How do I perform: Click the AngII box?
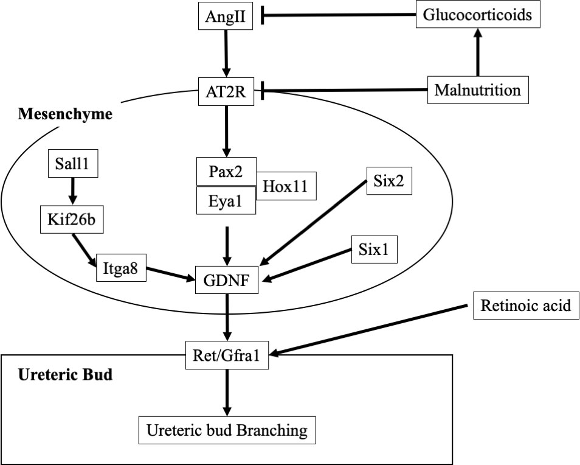point(226,16)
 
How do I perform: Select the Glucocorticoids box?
point(478,15)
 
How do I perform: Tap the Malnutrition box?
point(478,90)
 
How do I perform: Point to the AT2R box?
point(226,91)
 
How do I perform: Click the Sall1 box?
point(73,163)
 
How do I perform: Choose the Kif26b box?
point(71,220)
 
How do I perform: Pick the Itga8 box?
point(120,268)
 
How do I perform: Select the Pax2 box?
point(226,172)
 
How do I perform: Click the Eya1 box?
point(226,201)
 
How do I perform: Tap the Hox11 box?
point(286,186)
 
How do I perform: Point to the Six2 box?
point(389,181)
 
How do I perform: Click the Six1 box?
point(375,250)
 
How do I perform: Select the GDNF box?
point(226,280)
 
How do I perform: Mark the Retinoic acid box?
point(526,306)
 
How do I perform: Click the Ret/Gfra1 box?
point(227,355)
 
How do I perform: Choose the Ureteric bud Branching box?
point(227,430)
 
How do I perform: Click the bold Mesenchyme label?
point(65,114)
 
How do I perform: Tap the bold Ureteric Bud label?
point(65,375)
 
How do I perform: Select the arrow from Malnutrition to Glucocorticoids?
point(478,52)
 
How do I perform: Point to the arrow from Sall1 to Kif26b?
point(72,191)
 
